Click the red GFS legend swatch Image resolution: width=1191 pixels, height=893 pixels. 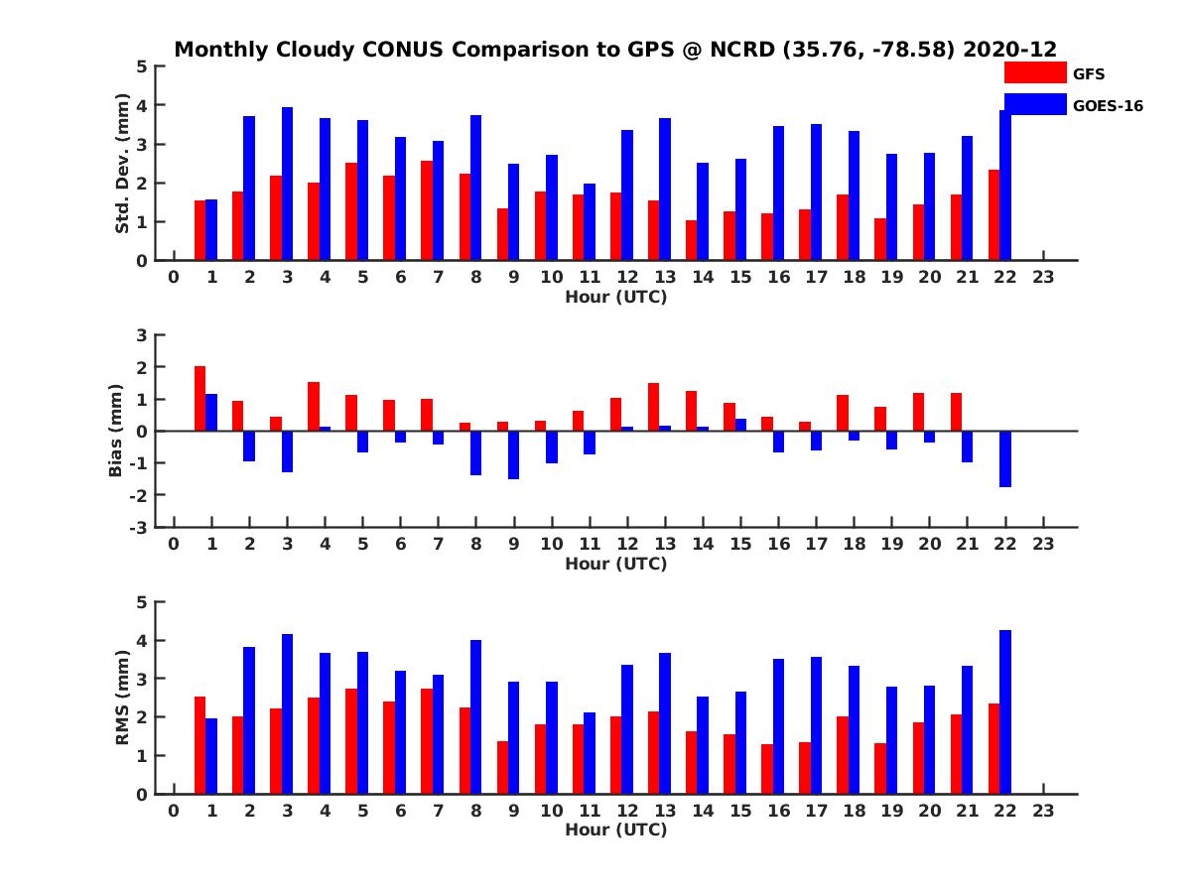[x=1035, y=72]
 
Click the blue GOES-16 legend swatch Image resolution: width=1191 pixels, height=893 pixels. [x=1035, y=104]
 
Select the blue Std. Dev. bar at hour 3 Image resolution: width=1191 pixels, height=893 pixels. [x=287, y=184]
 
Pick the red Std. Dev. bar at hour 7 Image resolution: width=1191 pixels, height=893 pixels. [x=427, y=210]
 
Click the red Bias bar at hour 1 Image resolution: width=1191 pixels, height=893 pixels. [x=199, y=399]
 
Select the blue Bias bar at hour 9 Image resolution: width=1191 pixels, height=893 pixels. [x=513, y=454]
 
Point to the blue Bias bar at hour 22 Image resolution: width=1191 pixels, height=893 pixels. [x=1005, y=458]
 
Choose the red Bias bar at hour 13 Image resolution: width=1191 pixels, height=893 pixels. [x=653, y=407]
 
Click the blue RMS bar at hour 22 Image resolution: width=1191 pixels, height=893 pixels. [x=1005, y=711]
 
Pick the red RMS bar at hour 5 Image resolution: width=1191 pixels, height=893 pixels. [x=351, y=741]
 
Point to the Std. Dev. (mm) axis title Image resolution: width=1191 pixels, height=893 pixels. [x=122, y=163]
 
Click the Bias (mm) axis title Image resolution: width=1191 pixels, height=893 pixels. [x=116, y=431]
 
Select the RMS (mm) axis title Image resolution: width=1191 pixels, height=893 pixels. [x=122, y=697]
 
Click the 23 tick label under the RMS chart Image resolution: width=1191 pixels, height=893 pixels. [x=1043, y=810]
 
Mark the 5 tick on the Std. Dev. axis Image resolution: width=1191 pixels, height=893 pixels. [x=143, y=66]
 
